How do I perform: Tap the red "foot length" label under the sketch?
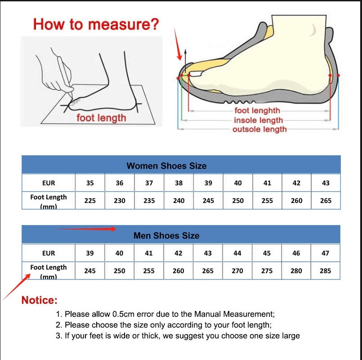click(101, 118)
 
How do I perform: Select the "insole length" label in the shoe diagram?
click(258, 120)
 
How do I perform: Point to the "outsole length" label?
click(259, 130)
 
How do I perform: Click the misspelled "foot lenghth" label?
click(257, 111)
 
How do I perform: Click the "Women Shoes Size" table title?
click(166, 166)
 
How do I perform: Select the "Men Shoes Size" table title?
click(166, 236)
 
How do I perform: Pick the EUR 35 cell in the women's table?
click(90, 183)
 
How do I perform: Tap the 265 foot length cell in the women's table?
click(326, 201)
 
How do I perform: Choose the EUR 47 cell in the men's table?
click(326, 253)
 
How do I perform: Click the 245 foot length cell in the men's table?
click(90, 271)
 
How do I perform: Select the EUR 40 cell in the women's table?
click(237, 183)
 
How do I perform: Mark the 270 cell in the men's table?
click(237, 271)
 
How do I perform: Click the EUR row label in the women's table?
click(48, 183)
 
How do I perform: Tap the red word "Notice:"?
click(40, 300)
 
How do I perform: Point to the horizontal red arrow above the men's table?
click(85, 229)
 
